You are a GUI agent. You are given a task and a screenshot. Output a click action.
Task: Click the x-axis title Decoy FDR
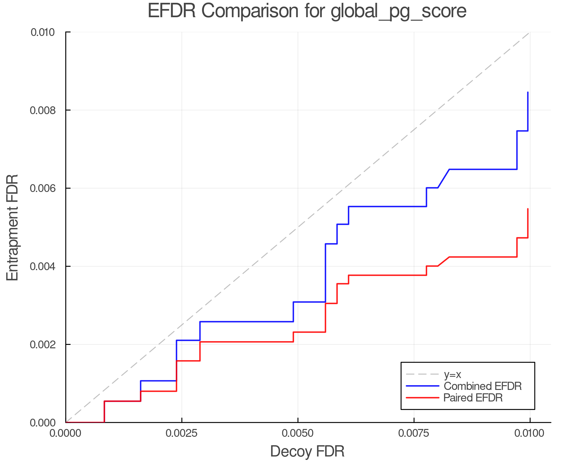tap(307, 451)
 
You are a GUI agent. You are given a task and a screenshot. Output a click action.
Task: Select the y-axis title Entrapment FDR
tap(12, 228)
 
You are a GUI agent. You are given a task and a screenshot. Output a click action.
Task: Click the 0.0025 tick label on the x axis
tap(182, 433)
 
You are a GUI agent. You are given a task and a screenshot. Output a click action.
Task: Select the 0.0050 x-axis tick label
tap(298, 433)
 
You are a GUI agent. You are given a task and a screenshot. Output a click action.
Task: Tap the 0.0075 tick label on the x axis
tap(414, 433)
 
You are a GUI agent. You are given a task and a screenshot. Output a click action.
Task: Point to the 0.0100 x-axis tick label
tap(530, 433)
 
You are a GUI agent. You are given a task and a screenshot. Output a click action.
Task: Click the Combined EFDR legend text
tap(483, 386)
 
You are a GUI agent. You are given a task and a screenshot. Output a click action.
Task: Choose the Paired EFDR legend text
tap(473, 398)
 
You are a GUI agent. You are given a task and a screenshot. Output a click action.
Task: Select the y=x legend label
tap(452, 374)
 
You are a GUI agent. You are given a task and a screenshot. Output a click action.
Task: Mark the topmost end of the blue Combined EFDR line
tap(528, 92)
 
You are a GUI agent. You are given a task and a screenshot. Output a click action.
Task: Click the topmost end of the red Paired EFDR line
tap(528, 209)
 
